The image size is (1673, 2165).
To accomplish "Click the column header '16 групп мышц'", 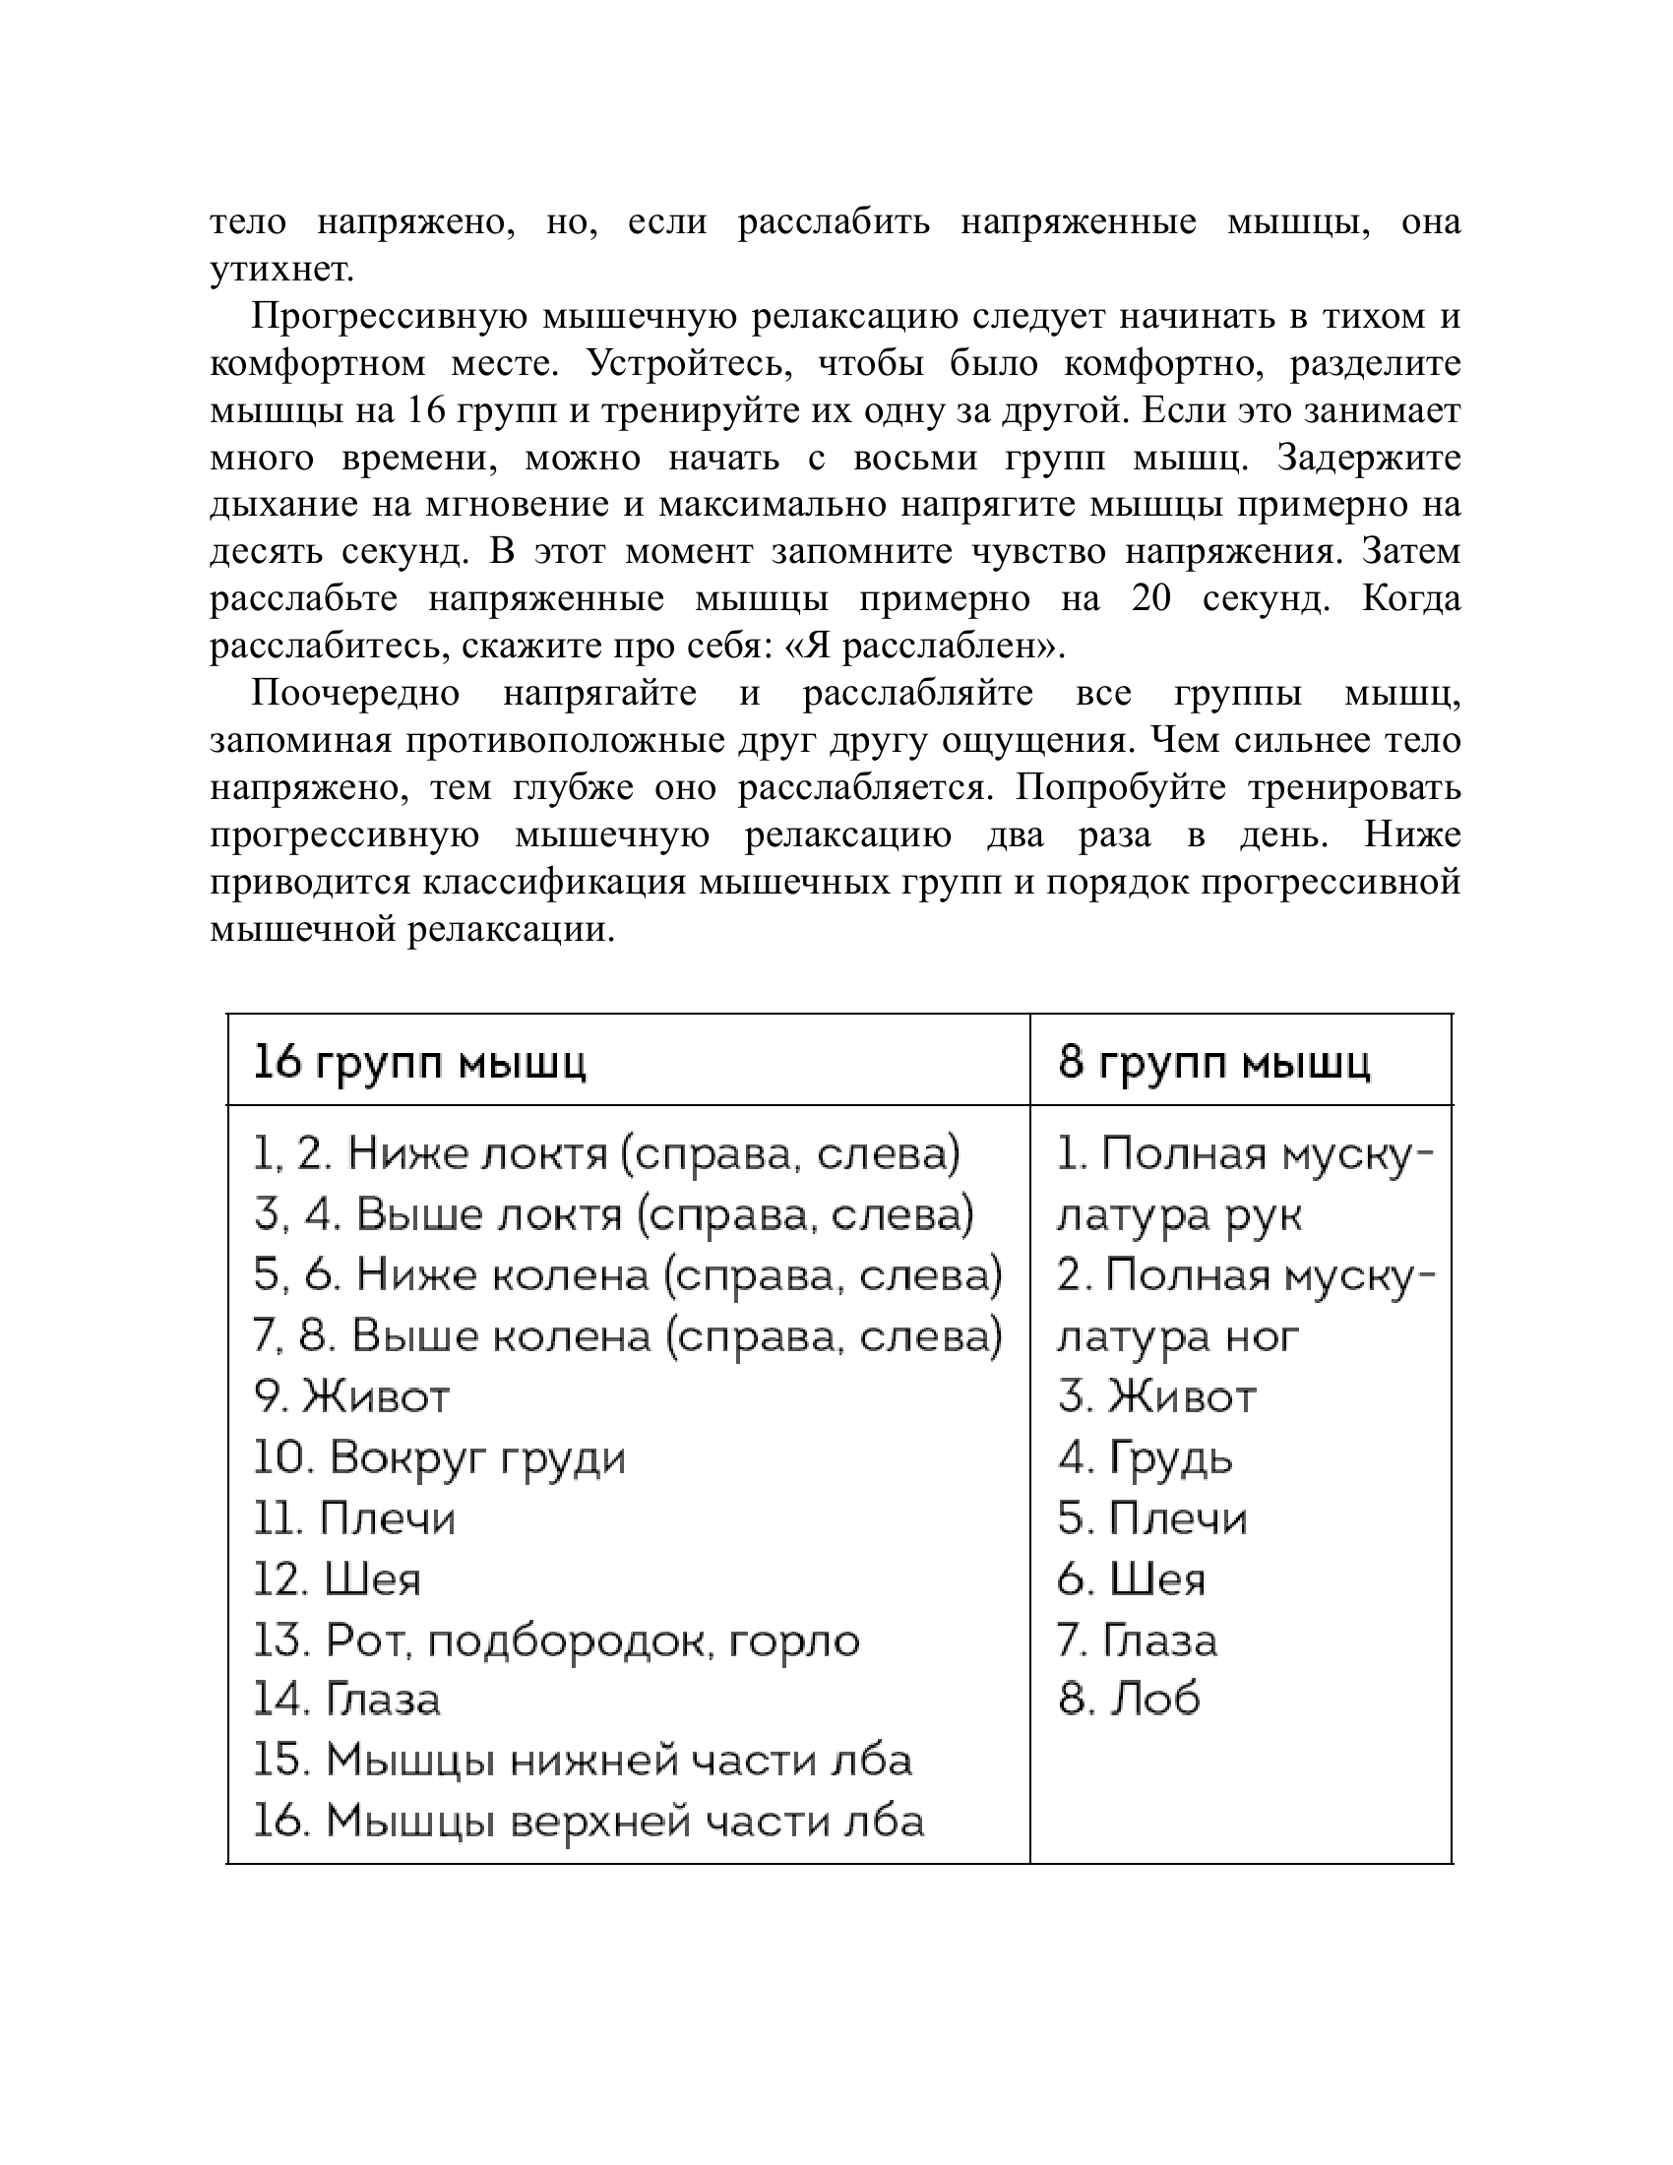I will click(x=420, y=1063).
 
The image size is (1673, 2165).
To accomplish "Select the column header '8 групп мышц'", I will click(x=1214, y=1063).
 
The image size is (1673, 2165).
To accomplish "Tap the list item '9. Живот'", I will click(x=352, y=1397).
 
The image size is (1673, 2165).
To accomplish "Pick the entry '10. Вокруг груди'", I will click(x=440, y=1458).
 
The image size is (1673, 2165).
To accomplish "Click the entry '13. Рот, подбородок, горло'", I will click(x=556, y=1641).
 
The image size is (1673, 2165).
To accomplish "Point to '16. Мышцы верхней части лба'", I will click(x=589, y=1822).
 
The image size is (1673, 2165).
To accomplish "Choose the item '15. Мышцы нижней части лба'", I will click(x=583, y=1762).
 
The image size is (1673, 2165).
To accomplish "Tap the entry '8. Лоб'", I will click(x=1129, y=1701).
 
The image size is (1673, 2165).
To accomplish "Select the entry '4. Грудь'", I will click(x=1145, y=1458).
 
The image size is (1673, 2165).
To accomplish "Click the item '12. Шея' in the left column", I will click(x=337, y=1580).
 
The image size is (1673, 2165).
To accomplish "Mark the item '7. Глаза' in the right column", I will click(x=1137, y=1641).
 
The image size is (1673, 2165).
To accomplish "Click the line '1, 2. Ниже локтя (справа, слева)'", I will click(x=606, y=1155).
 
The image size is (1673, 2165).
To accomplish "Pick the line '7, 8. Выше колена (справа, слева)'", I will click(x=628, y=1337).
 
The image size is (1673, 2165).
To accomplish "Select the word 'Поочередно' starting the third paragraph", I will click(x=355, y=693).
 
